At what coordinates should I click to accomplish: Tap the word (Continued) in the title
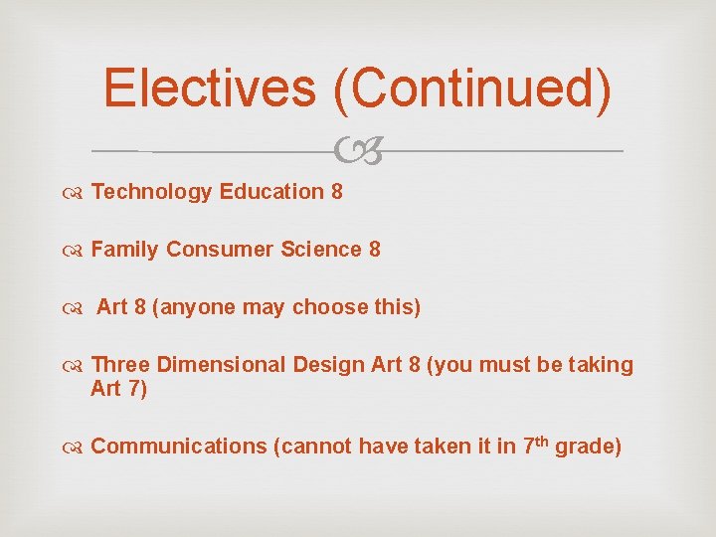(471, 89)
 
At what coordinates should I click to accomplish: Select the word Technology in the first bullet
(151, 192)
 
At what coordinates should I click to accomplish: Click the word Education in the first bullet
(270, 192)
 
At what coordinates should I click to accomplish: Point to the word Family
(124, 250)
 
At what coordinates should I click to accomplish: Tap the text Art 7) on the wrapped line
(118, 389)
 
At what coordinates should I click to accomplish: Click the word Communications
(178, 447)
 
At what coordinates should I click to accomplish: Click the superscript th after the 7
(542, 441)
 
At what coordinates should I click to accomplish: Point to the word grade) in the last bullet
(588, 447)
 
